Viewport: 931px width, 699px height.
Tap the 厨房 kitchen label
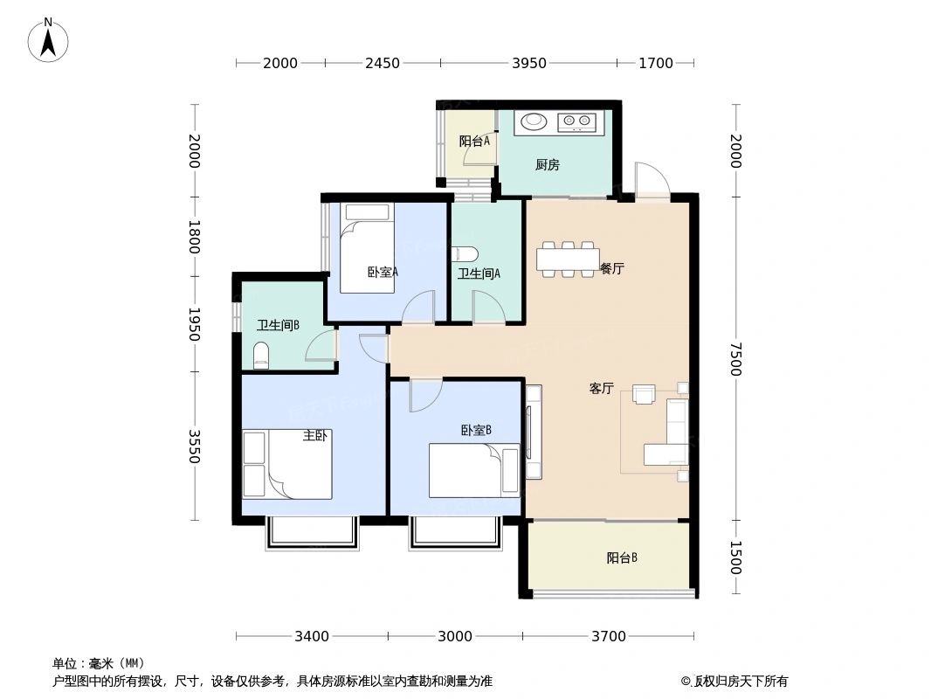click(x=548, y=164)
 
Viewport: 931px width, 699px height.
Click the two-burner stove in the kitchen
click(x=576, y=121)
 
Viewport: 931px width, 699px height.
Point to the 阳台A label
click(x=474, y=141)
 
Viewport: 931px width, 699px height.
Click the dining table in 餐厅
click(x=565, y=260)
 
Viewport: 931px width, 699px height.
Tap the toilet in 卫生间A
click(x=465, y=254)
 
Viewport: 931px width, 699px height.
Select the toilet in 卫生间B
click(x=260, y=356)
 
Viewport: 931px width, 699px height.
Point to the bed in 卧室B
click(x=473, y=470)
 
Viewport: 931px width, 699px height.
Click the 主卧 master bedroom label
click(x=314, y=435)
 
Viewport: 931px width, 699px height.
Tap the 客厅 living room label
click(x=601, y=389)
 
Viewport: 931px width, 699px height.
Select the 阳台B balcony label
click(x=622, y=557)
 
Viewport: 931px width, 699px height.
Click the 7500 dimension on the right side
click(x=735, y=359)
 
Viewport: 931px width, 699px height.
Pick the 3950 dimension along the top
click(x=529, y=63)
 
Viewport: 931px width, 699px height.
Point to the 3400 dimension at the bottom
click(x=312, y=636)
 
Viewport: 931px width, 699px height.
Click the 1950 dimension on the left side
click(x=194, y=323)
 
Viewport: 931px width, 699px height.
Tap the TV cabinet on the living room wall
click(x=534, y=432)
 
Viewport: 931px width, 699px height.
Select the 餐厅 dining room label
click(x=611, y=269)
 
